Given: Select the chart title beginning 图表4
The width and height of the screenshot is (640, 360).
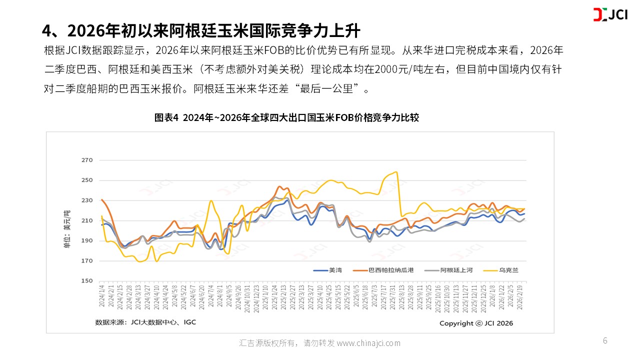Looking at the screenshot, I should [x=286, y=118].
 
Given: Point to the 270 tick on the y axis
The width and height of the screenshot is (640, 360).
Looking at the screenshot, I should [x=87, y=160].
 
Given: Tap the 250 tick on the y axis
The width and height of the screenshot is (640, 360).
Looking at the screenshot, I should [x=87, y=180].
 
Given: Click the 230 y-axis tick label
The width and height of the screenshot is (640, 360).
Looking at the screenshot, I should [x=87, y=200].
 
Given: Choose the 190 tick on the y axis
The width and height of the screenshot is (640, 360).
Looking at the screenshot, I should [x=87, y=241].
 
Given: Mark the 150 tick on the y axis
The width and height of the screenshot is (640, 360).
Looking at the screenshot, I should [x=87, y=281].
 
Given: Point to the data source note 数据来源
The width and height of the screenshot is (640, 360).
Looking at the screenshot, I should [x=145, y=322].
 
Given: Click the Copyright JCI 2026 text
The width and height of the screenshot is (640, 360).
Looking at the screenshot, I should [x=476, y=323].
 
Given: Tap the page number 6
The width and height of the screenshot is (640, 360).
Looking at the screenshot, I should [x=605, y=341].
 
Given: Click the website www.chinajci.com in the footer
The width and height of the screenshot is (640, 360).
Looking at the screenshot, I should [x=368, y=343].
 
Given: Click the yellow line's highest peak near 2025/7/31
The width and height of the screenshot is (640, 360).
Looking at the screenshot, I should [x=396, y=172].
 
